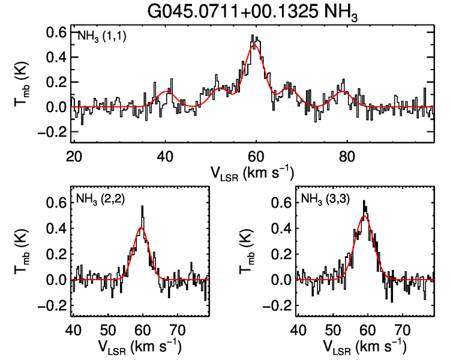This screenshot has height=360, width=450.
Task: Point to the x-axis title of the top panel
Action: coord(252,172)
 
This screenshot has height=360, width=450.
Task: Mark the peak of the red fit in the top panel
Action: coord(256,46)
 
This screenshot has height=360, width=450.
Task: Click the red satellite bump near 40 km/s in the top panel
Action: coord(166,92)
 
